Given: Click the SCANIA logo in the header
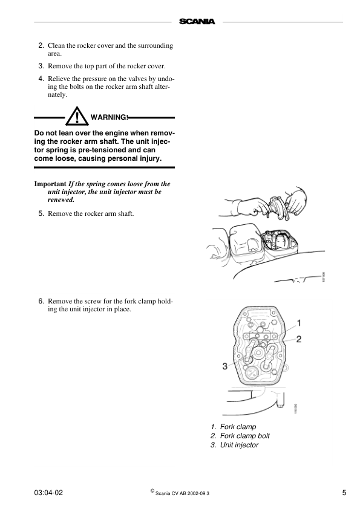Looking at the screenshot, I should click(x=197, y=22).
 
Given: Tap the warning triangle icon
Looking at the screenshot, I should click(x=77, y=116).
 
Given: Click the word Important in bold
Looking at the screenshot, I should click(x=50, y=183).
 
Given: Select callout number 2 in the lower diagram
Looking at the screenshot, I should click(x=299, y=340).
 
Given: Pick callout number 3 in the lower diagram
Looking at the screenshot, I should click(x=225, y=365).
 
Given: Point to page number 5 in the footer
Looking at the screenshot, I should click(x=344, y=493).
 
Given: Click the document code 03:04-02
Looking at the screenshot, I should click(x=49, y=493).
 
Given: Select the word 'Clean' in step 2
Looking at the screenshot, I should click(x=56, y=45).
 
